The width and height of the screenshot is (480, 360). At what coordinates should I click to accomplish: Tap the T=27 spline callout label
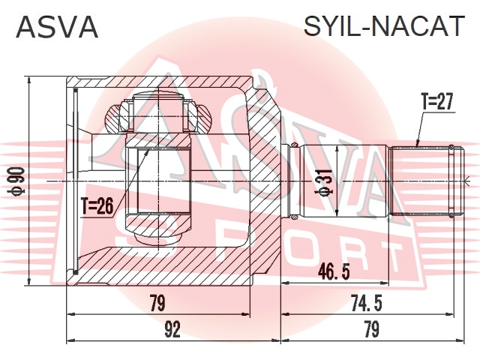coord(436,102)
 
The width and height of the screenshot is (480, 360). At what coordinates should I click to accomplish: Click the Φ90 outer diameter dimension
coord(18,181)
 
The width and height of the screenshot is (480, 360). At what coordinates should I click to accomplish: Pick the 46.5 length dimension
coord(333,271)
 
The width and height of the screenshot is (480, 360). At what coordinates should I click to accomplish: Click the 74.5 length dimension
coord(367,304)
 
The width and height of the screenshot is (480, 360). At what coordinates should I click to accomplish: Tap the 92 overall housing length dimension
coord(172,330)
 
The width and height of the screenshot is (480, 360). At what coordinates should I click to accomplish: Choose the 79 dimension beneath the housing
coord(157,303)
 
